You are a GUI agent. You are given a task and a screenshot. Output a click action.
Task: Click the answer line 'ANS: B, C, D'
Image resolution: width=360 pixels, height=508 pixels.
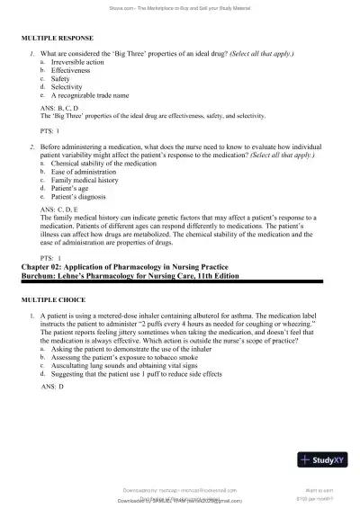click(x=60, y=108)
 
